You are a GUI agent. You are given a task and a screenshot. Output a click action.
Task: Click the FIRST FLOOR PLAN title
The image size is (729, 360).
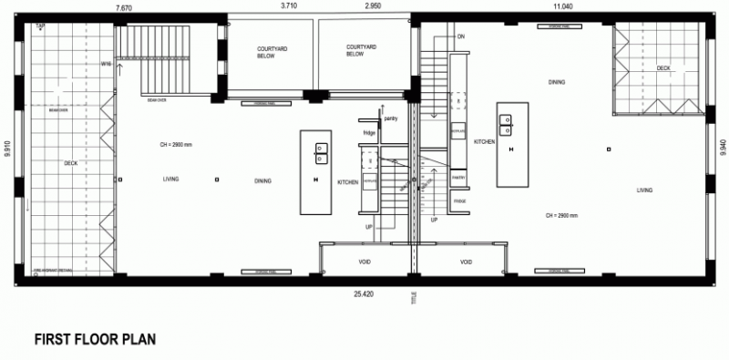[95, 338]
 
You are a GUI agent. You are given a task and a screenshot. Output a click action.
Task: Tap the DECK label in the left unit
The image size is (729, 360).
[70, 164]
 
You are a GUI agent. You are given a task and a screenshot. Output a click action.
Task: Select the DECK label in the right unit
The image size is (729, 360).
[662, 67]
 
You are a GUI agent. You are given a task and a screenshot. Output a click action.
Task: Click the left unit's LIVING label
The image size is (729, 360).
[170, 179]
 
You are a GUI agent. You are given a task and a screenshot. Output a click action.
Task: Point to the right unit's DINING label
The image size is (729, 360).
[557, 82]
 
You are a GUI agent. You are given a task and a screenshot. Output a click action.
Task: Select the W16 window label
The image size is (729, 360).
[107, 64]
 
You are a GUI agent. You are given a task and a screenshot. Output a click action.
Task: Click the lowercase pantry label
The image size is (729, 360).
[390, 118]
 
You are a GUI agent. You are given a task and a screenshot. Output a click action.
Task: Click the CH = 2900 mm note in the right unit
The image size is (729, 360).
[562, 216]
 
